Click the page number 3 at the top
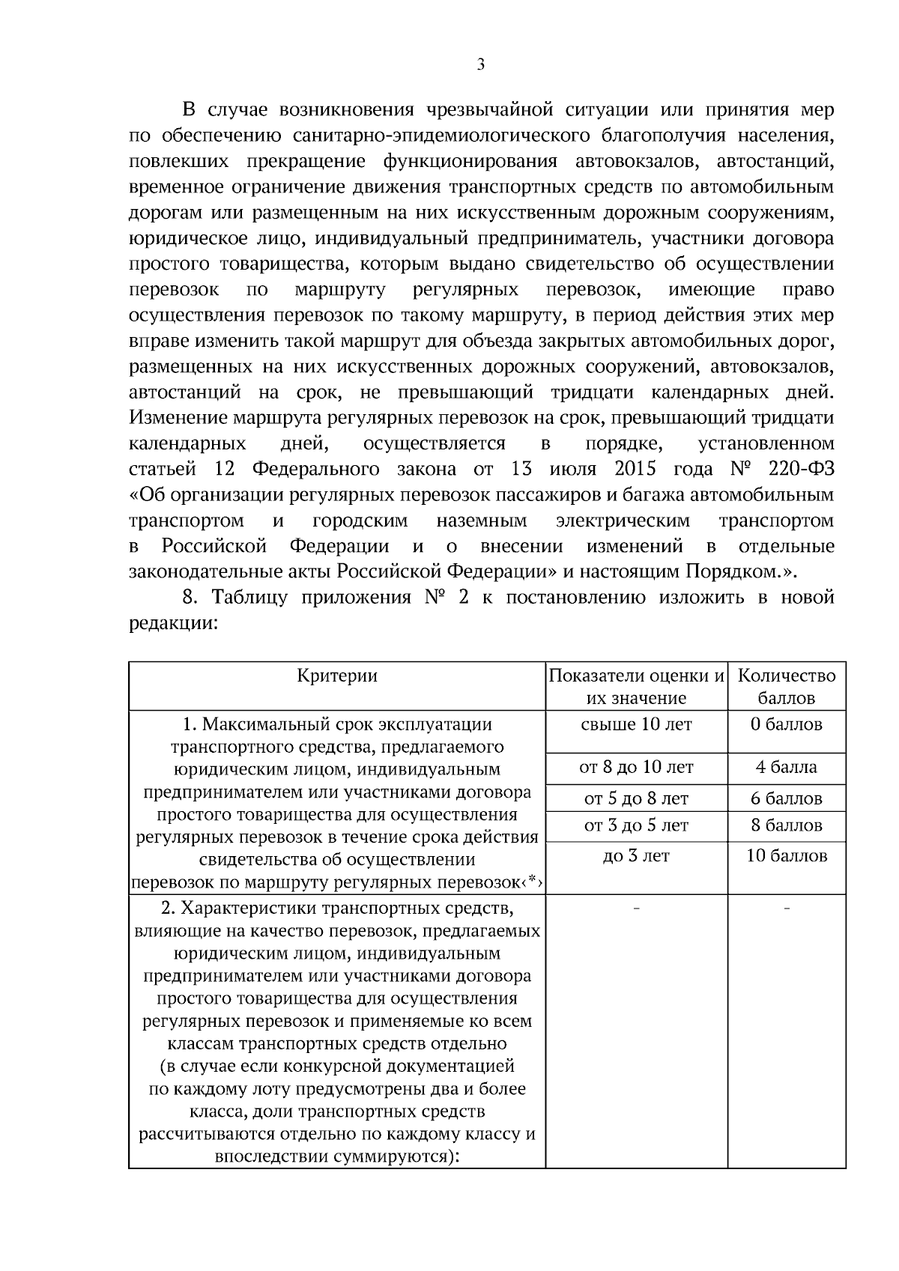coord(480,65)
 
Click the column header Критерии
coord(337,676)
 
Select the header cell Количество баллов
coord(787,687)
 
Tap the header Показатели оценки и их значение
coord(637,687)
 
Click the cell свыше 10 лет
coord(636,724)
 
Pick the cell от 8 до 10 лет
coord(636,768)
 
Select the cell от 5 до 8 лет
coord(636,798)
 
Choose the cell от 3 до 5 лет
coord(636,825)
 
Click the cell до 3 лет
coord(636,855)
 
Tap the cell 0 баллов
coord(787,724)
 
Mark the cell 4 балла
coord(787,768)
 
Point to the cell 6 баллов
coord(787,798)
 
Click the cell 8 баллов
coord(787,825)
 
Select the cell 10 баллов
coord(787,855)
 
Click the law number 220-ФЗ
coord(800,470)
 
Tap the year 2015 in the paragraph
coord(635,470)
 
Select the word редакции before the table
coord(172,623)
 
